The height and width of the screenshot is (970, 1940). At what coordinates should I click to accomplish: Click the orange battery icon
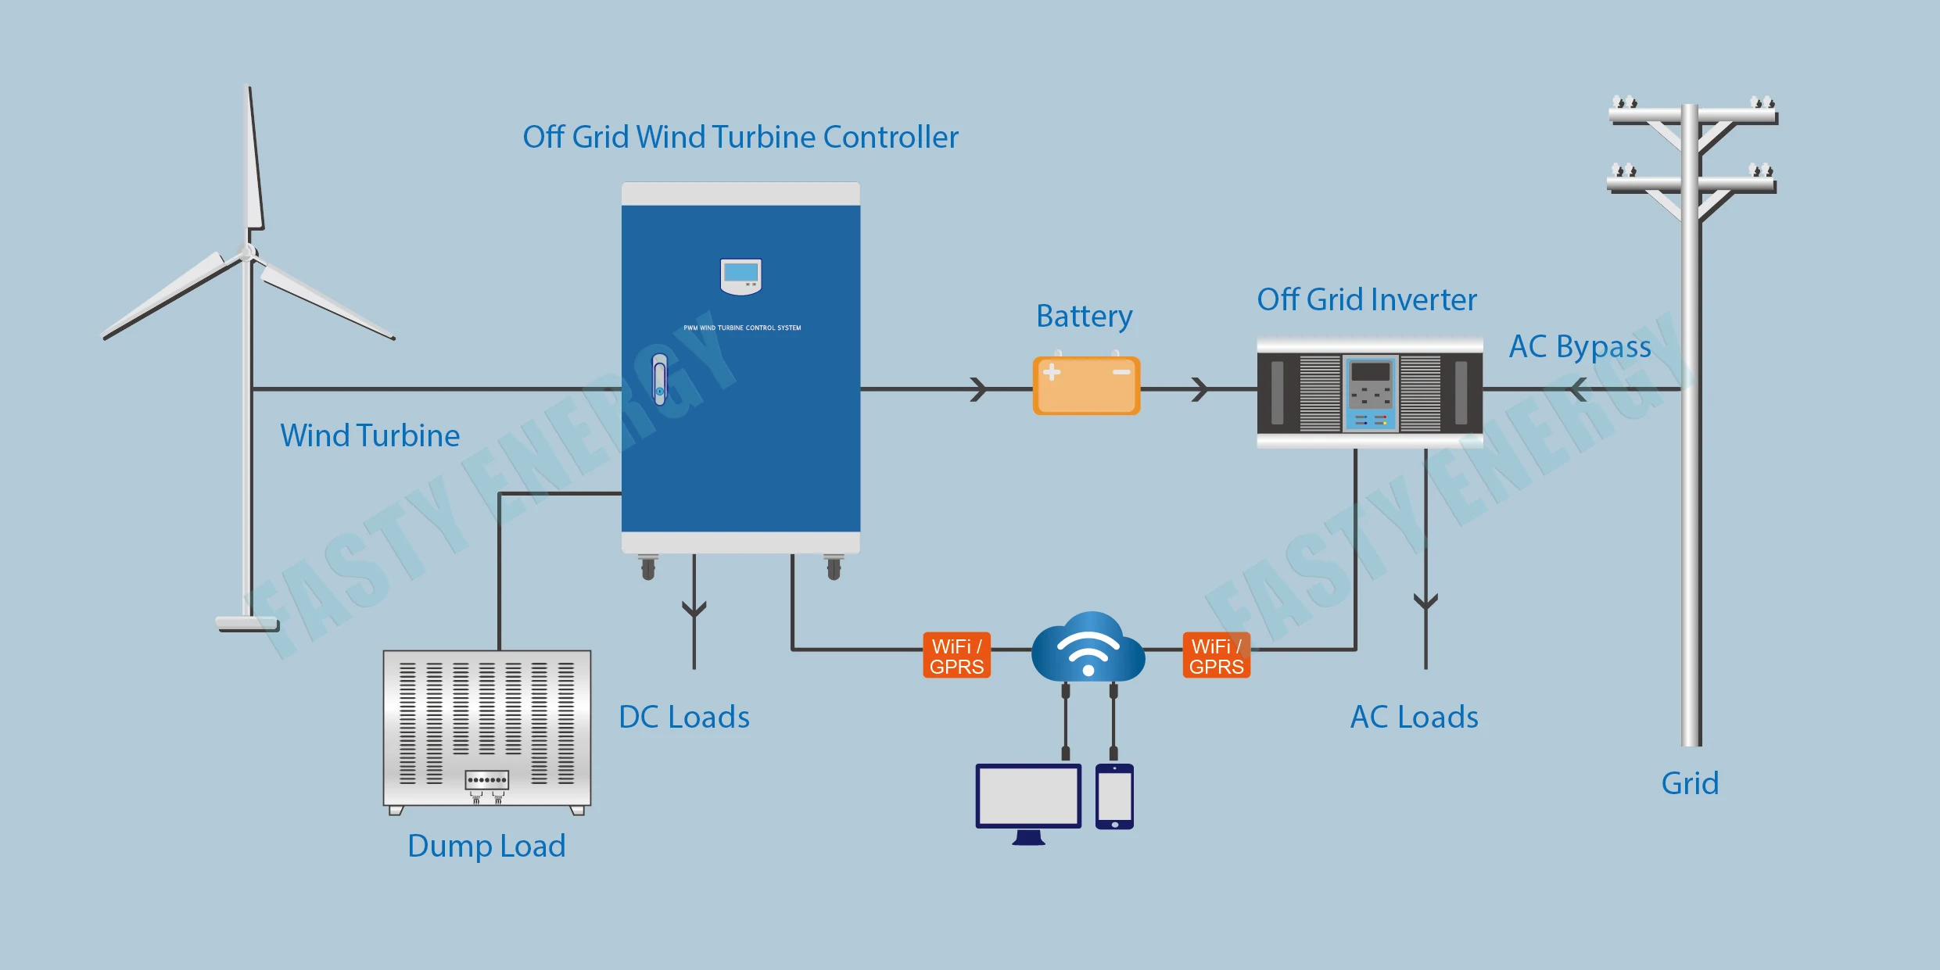(x=1086, y=385)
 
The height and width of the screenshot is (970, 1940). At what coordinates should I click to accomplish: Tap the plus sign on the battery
(x=1052, y=372)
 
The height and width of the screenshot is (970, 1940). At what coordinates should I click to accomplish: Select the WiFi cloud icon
(x=1088, y=647)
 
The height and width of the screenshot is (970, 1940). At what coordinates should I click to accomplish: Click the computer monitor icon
(x=1028, y=797)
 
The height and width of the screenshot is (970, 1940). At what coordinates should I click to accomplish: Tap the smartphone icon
(x=1114, y=796)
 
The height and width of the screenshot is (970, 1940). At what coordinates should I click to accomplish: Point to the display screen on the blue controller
(x=740, y=274)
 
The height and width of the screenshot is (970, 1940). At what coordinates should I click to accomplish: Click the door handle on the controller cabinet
(x=659, y=380)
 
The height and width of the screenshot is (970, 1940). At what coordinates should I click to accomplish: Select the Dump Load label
(x=486, y=846)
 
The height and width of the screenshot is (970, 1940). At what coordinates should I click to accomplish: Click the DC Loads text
(x=684, y=717)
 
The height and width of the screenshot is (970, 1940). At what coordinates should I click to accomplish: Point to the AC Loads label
(x=1415, y=717)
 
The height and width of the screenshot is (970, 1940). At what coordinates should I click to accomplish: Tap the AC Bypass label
(x=1580, y=346)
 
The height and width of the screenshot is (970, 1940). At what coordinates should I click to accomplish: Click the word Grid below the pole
(x=1690, y=783)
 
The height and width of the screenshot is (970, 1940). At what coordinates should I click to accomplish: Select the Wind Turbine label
(x=370, y=435)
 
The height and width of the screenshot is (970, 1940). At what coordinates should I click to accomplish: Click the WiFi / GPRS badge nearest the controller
(x=956, y=656)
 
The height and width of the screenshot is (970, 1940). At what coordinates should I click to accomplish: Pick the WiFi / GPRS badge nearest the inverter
(x=1216, y=656)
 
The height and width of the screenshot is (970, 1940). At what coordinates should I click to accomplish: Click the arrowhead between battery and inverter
(x=1200, y=388)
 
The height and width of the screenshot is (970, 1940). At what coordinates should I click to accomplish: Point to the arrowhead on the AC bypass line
(x=1578, y=388)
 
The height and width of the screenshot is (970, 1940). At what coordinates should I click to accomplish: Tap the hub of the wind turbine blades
(x=247, y=252)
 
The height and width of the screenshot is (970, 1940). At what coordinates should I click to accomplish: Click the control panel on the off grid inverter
(x=1370, y=393)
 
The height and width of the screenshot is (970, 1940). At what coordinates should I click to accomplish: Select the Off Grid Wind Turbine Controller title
(x=740, y=137)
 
